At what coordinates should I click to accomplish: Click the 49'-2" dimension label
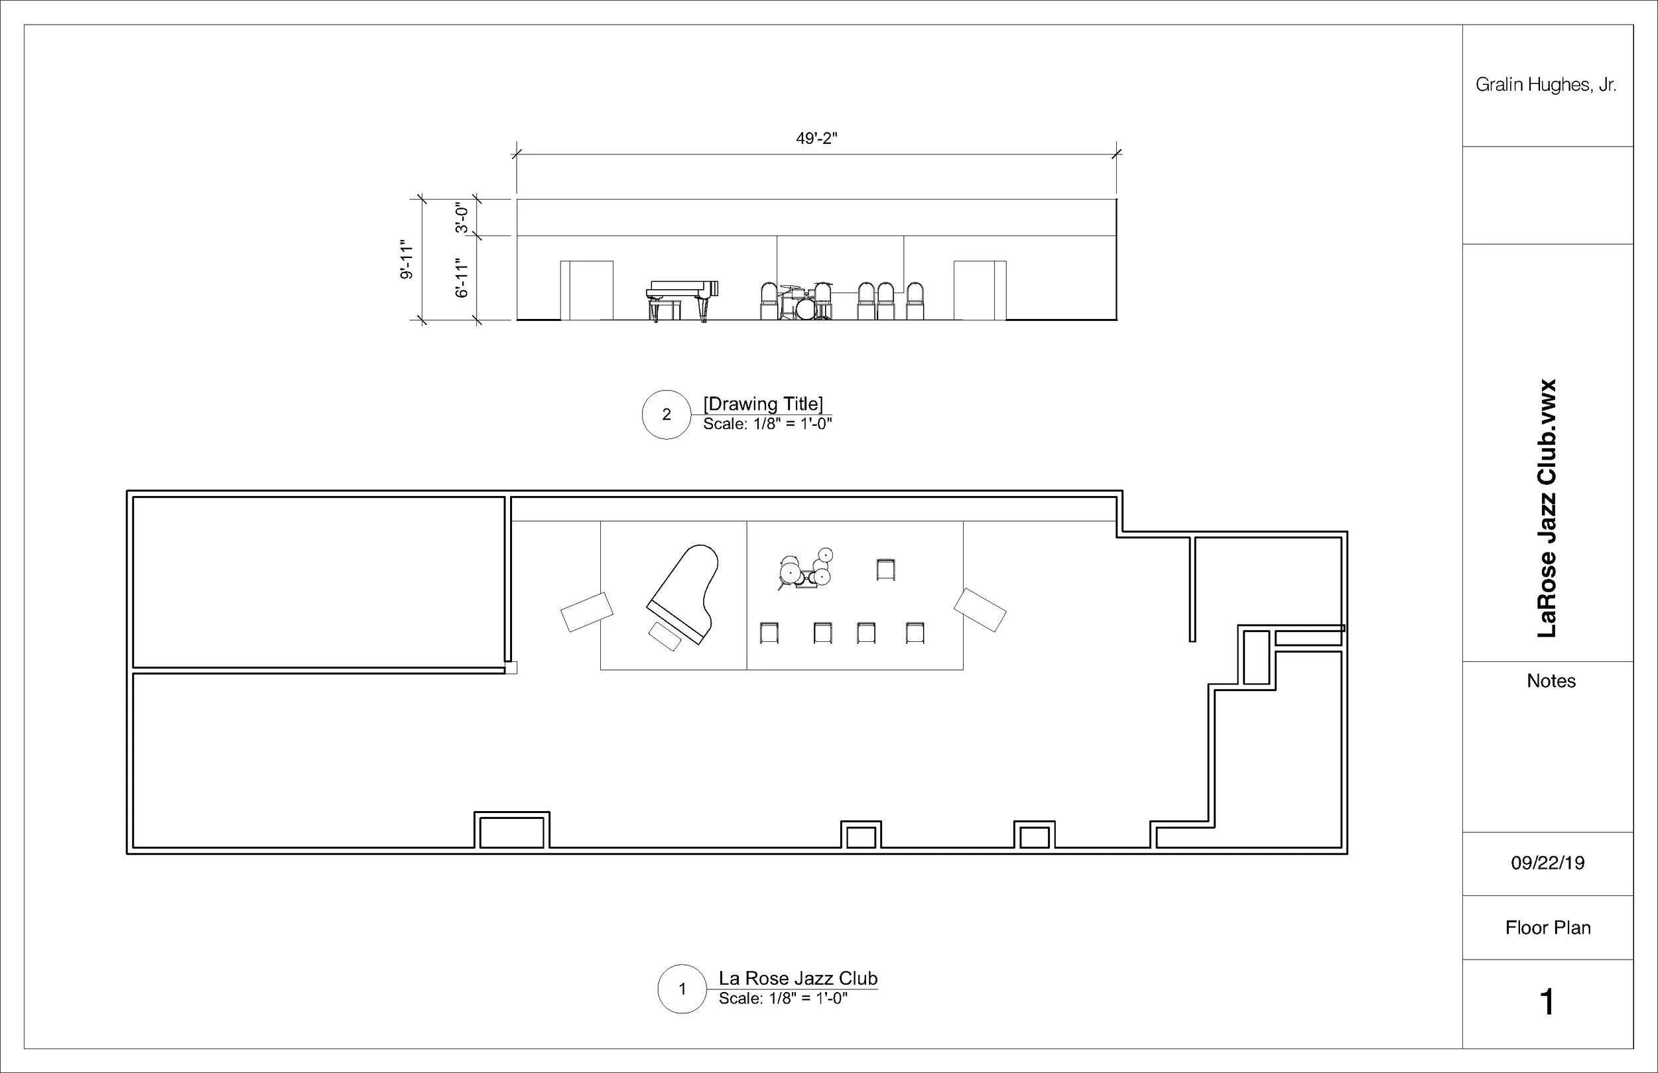[x=816, y=138]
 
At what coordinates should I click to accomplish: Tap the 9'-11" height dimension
[x=407, y=262]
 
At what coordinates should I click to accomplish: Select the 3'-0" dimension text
[x=462, y=218]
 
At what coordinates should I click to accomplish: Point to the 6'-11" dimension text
[x=462, y=278]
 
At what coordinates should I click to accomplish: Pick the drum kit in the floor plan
[x=805, y=568]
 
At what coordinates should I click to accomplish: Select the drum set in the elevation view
[x=804, y=302]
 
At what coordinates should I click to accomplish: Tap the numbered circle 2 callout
[x=666, y=414]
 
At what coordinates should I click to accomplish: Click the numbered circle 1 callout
[x=682, y=989]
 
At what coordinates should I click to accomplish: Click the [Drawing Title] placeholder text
[x=763, y=403]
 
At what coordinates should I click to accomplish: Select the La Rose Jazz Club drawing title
[x=798, y=978]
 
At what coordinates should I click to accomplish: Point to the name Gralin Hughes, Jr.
[x=1546, y=85]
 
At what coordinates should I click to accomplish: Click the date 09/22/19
[x=1548, y=863]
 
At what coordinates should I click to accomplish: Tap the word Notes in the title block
[x=1551, y=680]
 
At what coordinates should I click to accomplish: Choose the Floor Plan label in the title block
[x=1548, y=927]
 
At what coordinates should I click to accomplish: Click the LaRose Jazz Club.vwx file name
[x=1547, y=508]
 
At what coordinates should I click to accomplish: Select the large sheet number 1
[x=1547, y=1002]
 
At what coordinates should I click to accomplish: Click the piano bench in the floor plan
[x=665, y=636]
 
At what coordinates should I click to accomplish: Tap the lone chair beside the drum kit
[x=885, y=569]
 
